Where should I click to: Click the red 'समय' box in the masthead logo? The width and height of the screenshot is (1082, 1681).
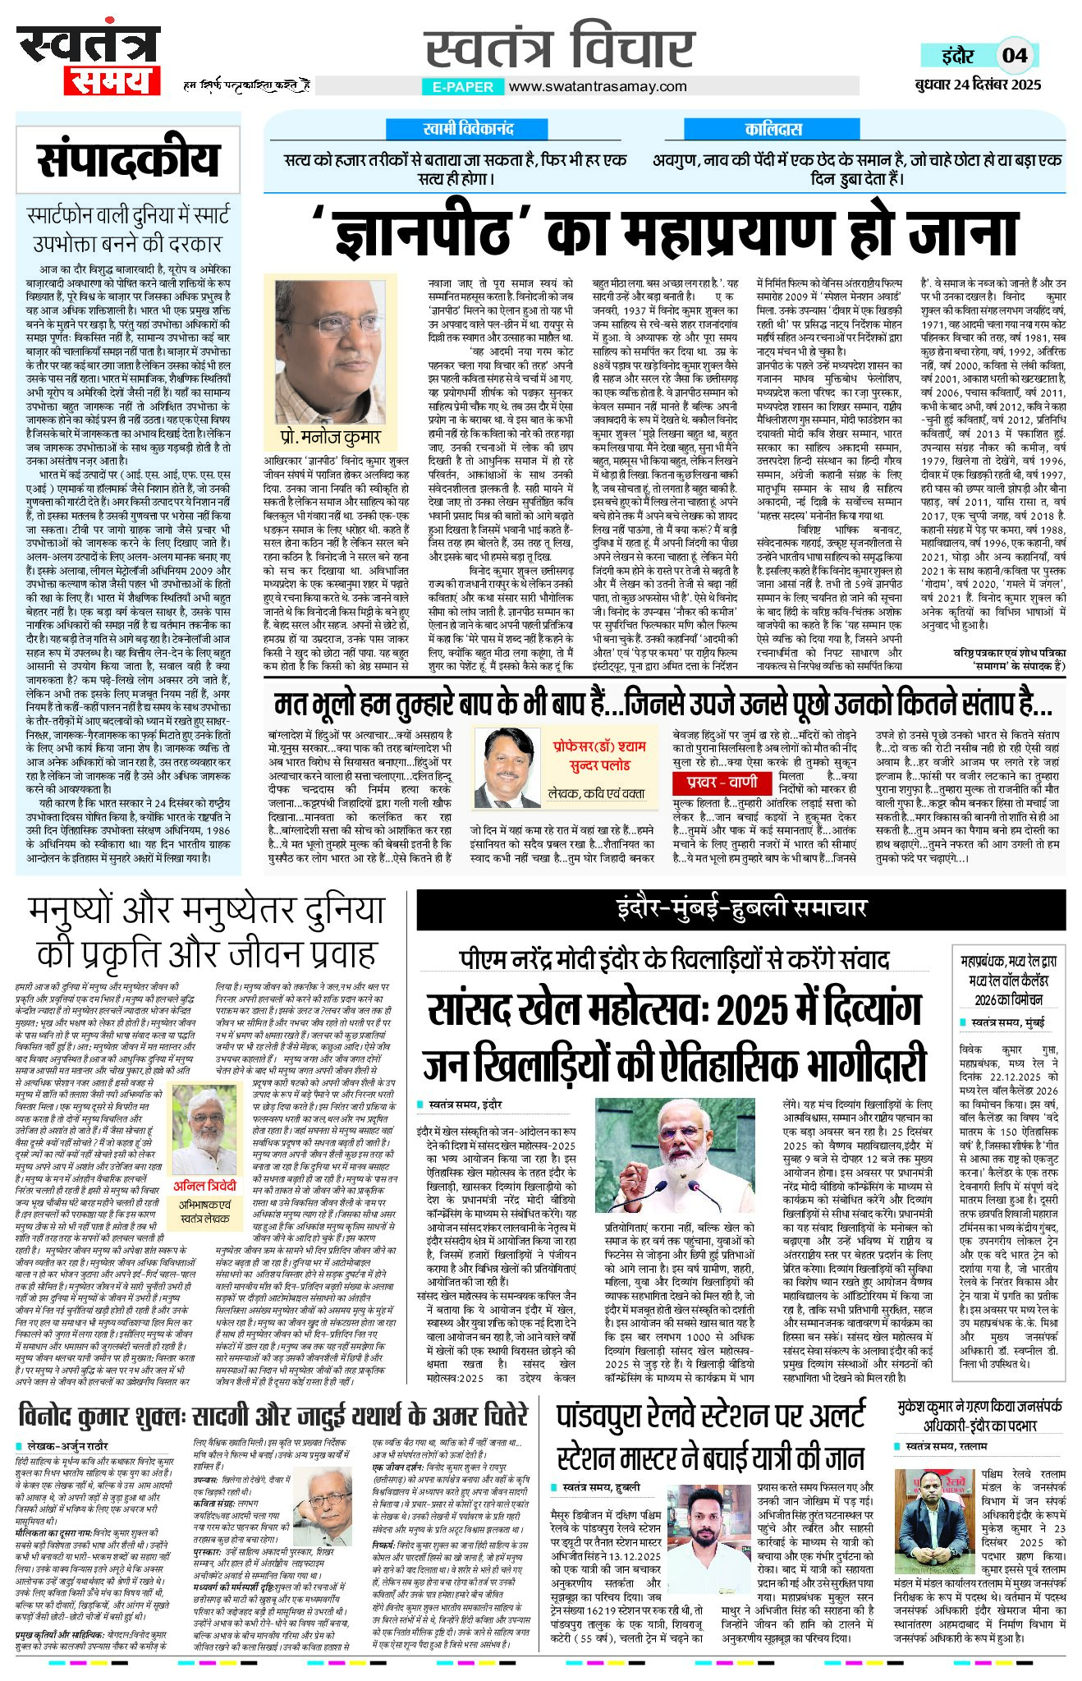coord(110,80)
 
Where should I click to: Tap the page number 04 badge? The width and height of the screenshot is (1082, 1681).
coord(1015,55)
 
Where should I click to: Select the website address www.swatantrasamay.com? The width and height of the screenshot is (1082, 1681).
coord(597,86)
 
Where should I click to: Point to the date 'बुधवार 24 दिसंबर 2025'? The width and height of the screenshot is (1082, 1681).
coord(978,84)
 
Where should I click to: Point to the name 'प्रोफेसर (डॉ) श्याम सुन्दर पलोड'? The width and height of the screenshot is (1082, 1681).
coord(598,756)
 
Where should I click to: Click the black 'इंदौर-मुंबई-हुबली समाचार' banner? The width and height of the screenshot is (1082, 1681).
coord(740,907)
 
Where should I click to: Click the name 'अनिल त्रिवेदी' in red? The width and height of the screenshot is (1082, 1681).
coord(204,1186)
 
